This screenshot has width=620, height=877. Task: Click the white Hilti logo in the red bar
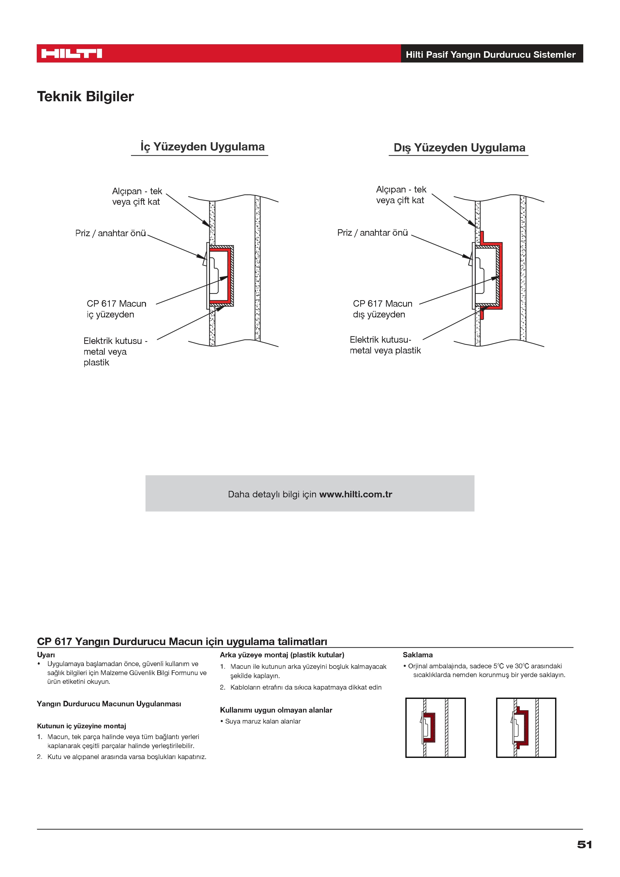71,53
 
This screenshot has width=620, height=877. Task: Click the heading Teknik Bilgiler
85,97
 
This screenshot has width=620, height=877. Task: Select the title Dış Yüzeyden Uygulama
459,148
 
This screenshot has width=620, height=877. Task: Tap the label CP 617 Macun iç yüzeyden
116,309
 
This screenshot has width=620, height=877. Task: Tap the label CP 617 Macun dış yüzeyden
382,309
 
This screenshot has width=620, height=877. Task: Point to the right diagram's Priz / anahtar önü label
372,233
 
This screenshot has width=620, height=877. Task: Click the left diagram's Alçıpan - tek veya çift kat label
137,196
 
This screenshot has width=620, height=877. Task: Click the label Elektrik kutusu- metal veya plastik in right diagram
385,345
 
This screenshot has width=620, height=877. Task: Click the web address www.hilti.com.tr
356,494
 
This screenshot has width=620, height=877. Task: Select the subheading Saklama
417,655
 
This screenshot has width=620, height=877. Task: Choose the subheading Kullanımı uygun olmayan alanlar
276,710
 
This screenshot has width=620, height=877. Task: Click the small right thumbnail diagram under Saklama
526,727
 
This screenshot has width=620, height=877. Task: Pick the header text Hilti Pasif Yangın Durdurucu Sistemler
490,55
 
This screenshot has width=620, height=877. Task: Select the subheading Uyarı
46,655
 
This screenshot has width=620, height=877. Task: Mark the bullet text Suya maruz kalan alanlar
262,721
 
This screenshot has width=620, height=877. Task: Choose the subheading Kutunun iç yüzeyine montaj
81,726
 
